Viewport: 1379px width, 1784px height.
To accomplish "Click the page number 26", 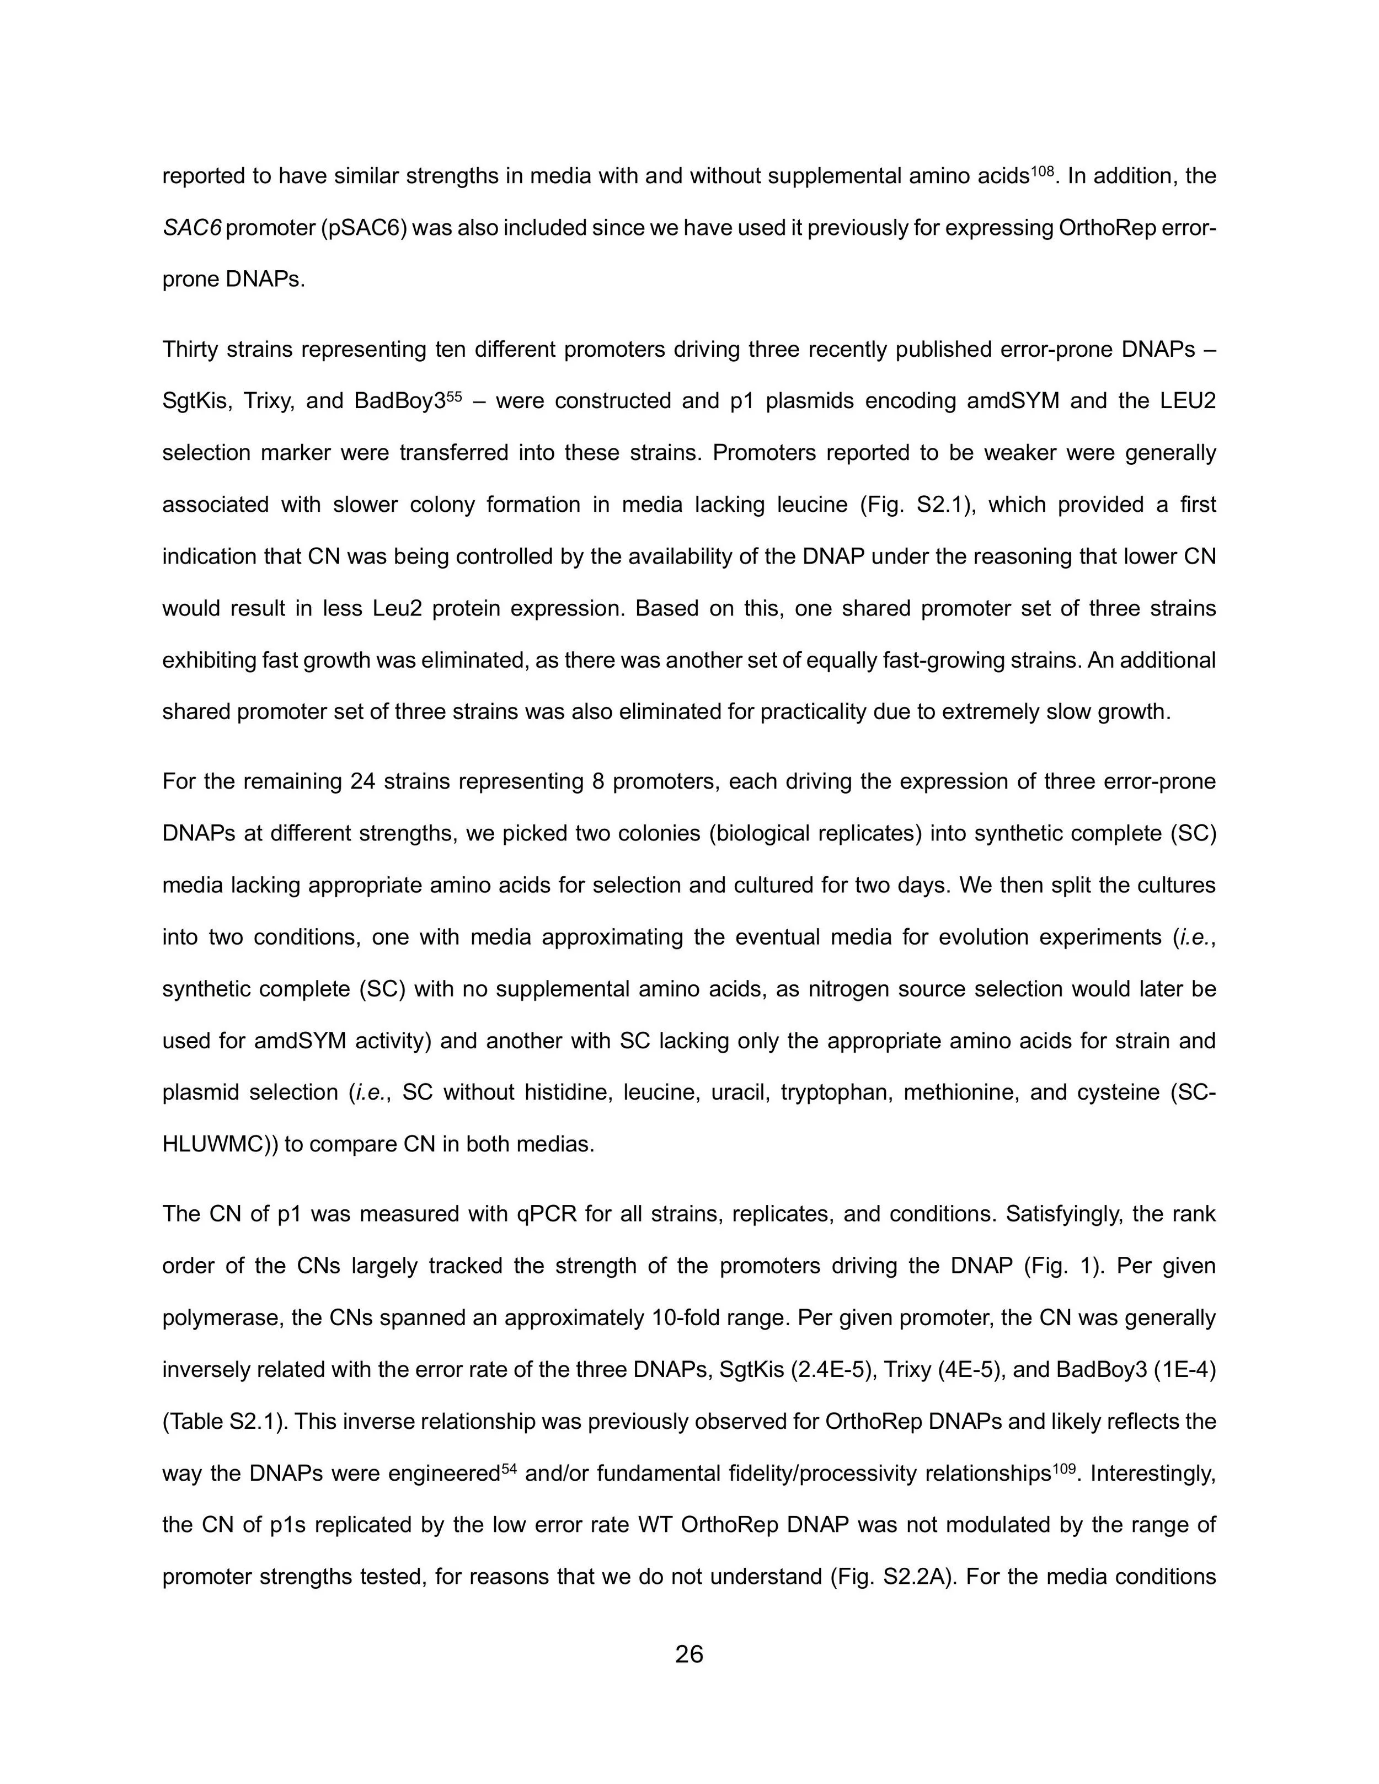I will click(x=689, y=1654).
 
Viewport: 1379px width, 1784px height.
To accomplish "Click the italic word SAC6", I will click(x=191, y=228).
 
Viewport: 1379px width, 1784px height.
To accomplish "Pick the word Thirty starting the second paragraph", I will click(x=189, y=350).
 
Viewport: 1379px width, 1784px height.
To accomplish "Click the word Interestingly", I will click(x=1153, y=1474).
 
